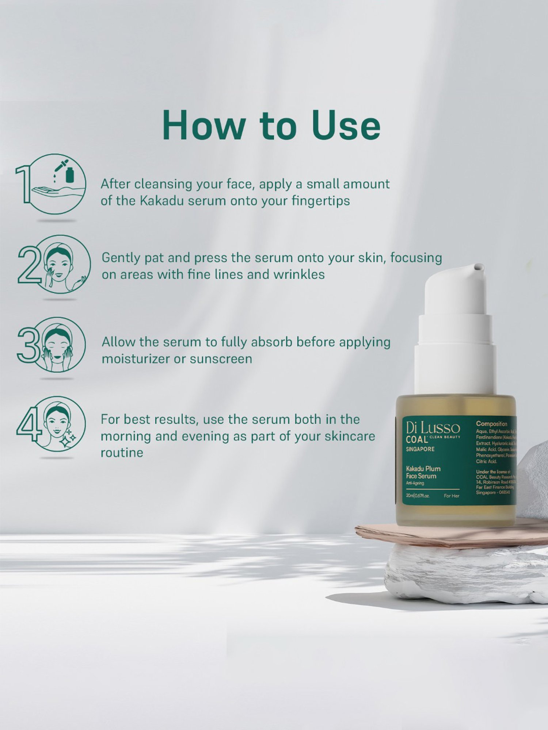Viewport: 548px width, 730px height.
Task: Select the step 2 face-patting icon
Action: [62, 264]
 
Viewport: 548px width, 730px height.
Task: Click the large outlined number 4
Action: [28, 423]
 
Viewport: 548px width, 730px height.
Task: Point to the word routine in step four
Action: [122, 453]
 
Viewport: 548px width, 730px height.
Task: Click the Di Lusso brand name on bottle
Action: [433, 428]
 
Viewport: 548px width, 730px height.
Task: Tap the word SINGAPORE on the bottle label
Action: [420, 449]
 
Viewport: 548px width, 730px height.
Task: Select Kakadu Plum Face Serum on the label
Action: [423, 472]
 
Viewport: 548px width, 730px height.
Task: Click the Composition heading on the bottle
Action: [491, 424]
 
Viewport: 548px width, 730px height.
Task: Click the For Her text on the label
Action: [452, 496]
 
